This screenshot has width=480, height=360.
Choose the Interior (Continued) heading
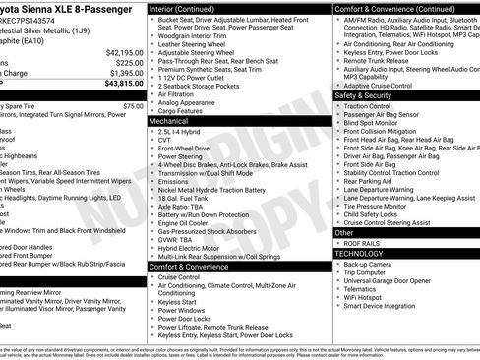(x=189, y=7)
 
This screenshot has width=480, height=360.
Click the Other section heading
(x=343, y=232)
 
